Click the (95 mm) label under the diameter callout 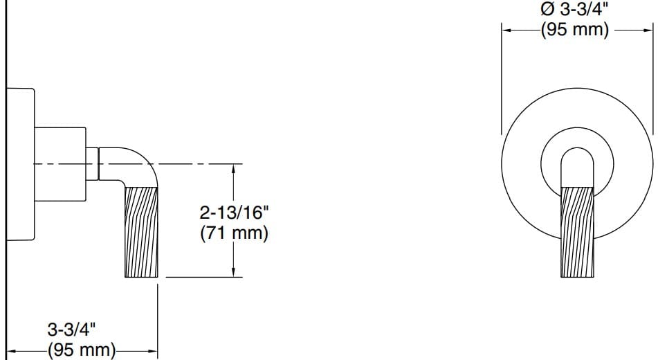click(575, 30)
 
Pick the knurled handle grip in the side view click(141, 233)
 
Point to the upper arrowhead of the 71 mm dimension click(235, 169)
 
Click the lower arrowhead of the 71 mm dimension click(235, 273)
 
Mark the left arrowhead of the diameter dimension click(506, 30)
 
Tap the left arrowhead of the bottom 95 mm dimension click(12, 352)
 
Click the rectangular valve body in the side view click(60, 165)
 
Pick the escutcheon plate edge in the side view click(21, 165)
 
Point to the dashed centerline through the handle click(194, 164)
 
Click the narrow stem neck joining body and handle click(93, 165)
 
